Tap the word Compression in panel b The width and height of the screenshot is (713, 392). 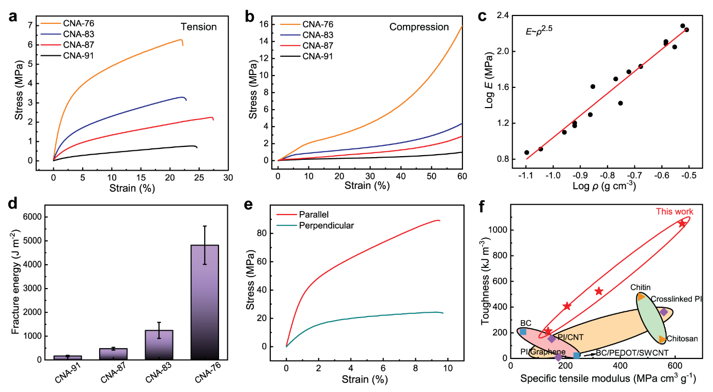(x=419, y=27)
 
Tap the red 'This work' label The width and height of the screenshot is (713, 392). (x=674, y=212)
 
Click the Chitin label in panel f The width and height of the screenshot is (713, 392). (x=640, y=288)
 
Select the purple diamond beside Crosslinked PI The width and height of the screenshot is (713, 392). (x=664, y=312)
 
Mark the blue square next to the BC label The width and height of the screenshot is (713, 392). (x=523, y=331)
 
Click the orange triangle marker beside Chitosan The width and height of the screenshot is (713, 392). (x=662, y=339)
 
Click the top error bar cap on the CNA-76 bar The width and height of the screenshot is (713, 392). (x=205, y=226)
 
